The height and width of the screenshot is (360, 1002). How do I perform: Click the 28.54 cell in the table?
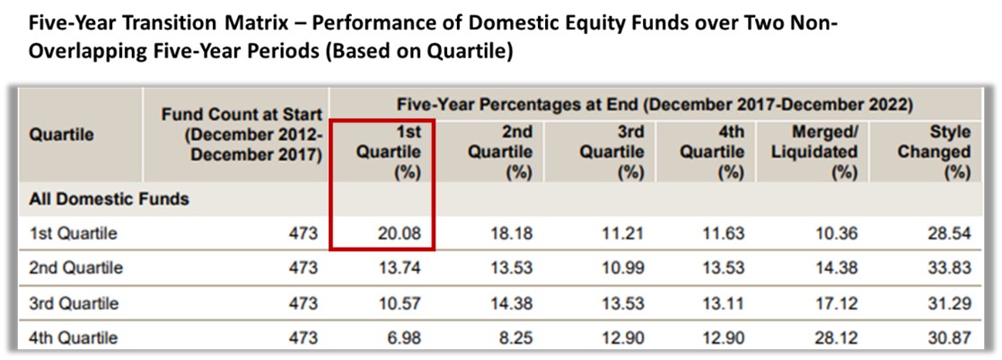(952, 234)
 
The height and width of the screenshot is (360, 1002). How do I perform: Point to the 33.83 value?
(952, 268)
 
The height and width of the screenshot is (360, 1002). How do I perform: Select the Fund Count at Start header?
(242, 134)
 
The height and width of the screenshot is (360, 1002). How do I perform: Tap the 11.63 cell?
(726, 234)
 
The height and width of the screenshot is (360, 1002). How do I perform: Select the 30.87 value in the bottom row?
(952, 338)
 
